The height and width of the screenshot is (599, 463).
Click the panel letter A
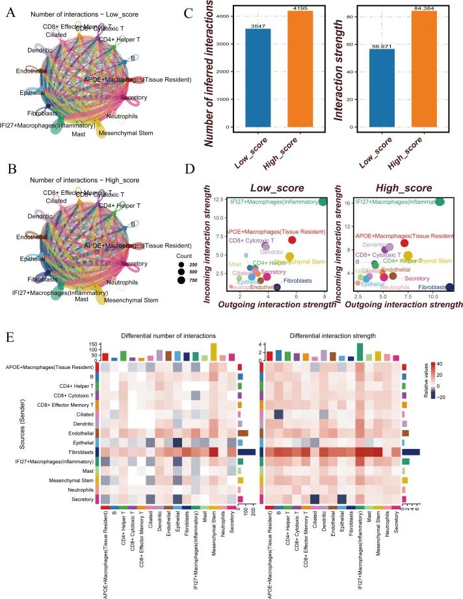tap(10, 12)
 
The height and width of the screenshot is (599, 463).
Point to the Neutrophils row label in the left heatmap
tap(76, 489)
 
